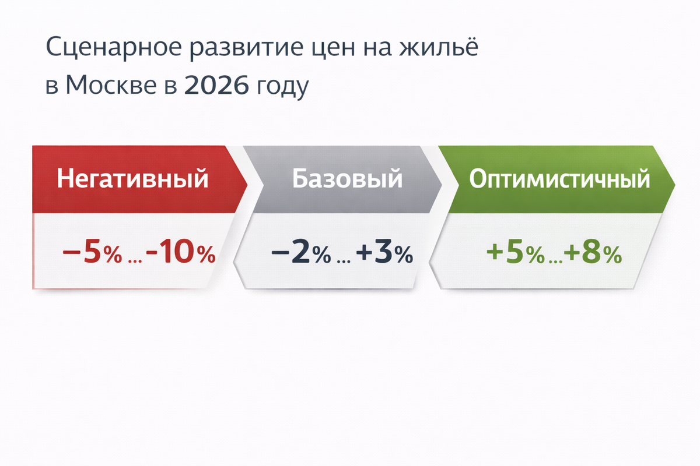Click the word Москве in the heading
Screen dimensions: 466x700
click(111, 86)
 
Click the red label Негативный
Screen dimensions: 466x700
click(133, 179)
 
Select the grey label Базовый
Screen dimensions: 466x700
click(347, 179)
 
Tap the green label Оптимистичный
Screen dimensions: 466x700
click(559, 179)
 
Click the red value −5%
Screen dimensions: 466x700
click(92, 255)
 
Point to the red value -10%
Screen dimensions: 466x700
click(181, 255)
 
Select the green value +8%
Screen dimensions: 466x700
click(593, 255)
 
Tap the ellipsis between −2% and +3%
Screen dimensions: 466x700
click(342, 260)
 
